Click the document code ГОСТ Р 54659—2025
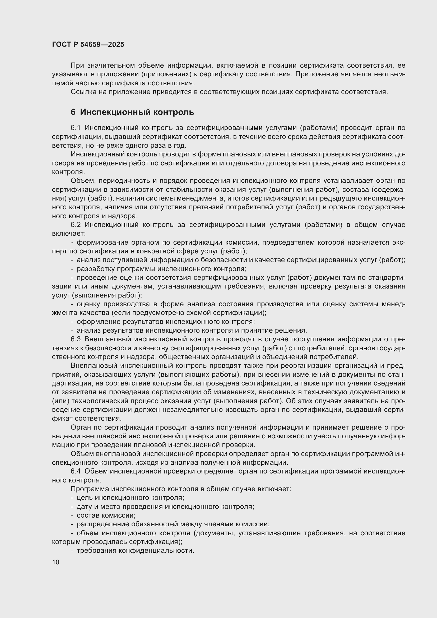[88, 44]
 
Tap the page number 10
[56, 562]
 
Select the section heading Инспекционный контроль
[137, 112]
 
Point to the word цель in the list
[85, 498]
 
